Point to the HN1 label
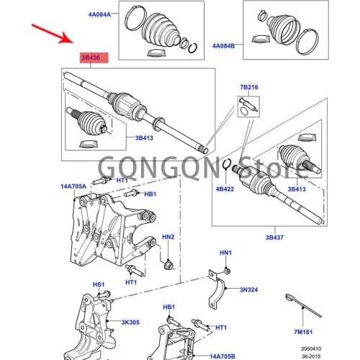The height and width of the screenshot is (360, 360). [x=225, y=253]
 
